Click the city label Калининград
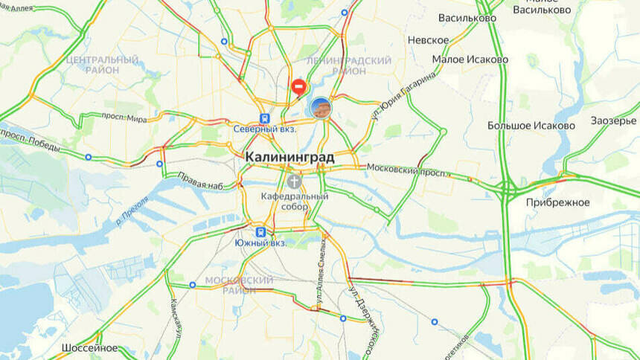[x=289, y=158]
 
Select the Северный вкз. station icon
[x=263, y=118]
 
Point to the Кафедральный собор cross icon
[x=295, y=181]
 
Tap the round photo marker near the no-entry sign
[x=321, y=108]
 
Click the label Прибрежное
[x=557, y=202]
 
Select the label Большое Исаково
[x=531, y=126]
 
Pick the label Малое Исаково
[x=470, y=60]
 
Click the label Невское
[x=428, y=40]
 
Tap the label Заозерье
[x=614, y=120]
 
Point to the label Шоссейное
[x=89, y=347]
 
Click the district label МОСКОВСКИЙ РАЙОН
[x=239, y=285]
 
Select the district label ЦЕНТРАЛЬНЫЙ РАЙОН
[x=102, y=64]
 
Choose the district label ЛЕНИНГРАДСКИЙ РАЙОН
[x=349, y=65]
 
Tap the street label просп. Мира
[x=124, y=118]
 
